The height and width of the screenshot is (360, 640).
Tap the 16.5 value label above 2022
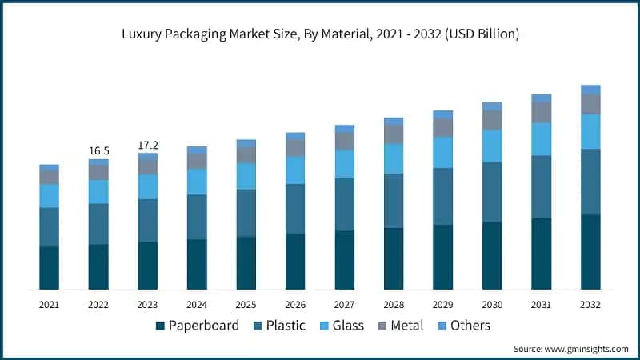click(98, 150)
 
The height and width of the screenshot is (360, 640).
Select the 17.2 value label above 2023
click(148, 145)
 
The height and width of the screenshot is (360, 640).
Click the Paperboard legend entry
click(197, 326)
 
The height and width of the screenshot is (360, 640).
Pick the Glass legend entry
click(349, 326)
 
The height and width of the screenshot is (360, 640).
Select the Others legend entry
click(470, 326)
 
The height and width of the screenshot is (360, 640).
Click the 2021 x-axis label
click(50, 305)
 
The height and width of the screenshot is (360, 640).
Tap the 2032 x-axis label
click(590, 305)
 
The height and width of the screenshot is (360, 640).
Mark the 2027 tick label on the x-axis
click(345, 305)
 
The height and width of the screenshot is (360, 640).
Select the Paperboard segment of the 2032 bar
click(590, 252)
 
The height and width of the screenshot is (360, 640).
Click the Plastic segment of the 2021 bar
click(50, 226)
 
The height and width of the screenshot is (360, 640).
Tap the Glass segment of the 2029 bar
click(443, 152)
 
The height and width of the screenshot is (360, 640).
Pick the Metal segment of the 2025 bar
click(246, 154)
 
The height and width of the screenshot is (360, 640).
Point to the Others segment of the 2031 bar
click(542, 98)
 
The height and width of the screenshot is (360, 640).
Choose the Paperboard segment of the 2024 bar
click(197, 264)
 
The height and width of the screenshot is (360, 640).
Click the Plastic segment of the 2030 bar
click(492, 192)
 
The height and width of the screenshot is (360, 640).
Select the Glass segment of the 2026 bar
click(295, 170)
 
